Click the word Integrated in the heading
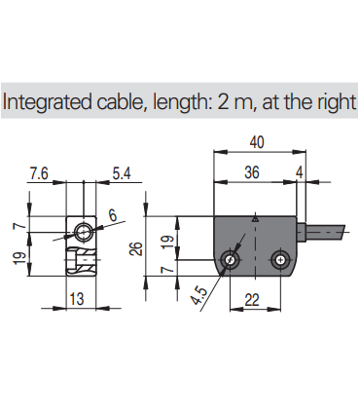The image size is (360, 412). pyautogui.click(x=48, y=101)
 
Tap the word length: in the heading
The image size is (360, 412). pyautogui.click(x=182, y=101)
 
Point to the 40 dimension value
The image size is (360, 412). pyautogui.click(x=257, y=142)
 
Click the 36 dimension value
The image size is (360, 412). pyautogui.click(x=252, y=172)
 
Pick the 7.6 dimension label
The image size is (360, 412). pyautogui.click(x=39, y=173)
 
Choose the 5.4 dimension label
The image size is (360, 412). pyautogui.click(x=122, y=173)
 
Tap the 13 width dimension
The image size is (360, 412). pyautogui.click(x=77, y=298)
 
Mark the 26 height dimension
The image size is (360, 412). pyautogui.click(x=136, y=248)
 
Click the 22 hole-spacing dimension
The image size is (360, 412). pyautogui.click(x=252, y=300)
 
